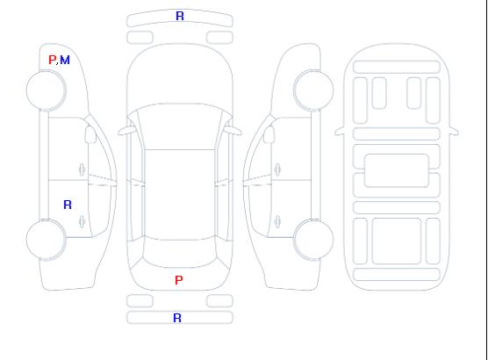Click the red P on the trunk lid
179,280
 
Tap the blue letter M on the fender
65,60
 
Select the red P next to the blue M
53,60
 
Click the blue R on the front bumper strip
180,16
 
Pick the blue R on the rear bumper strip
177,318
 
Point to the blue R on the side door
68,205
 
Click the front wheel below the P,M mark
46,90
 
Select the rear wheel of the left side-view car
46,240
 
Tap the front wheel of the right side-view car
313,90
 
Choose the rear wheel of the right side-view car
313,240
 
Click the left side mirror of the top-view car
126,131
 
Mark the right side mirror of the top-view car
233,131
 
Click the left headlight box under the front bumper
140,38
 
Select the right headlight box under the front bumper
219,38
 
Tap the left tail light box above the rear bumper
140,301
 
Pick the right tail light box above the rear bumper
219,301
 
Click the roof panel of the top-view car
180,195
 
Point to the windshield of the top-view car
180,126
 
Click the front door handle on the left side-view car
83,169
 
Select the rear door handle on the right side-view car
277,221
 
